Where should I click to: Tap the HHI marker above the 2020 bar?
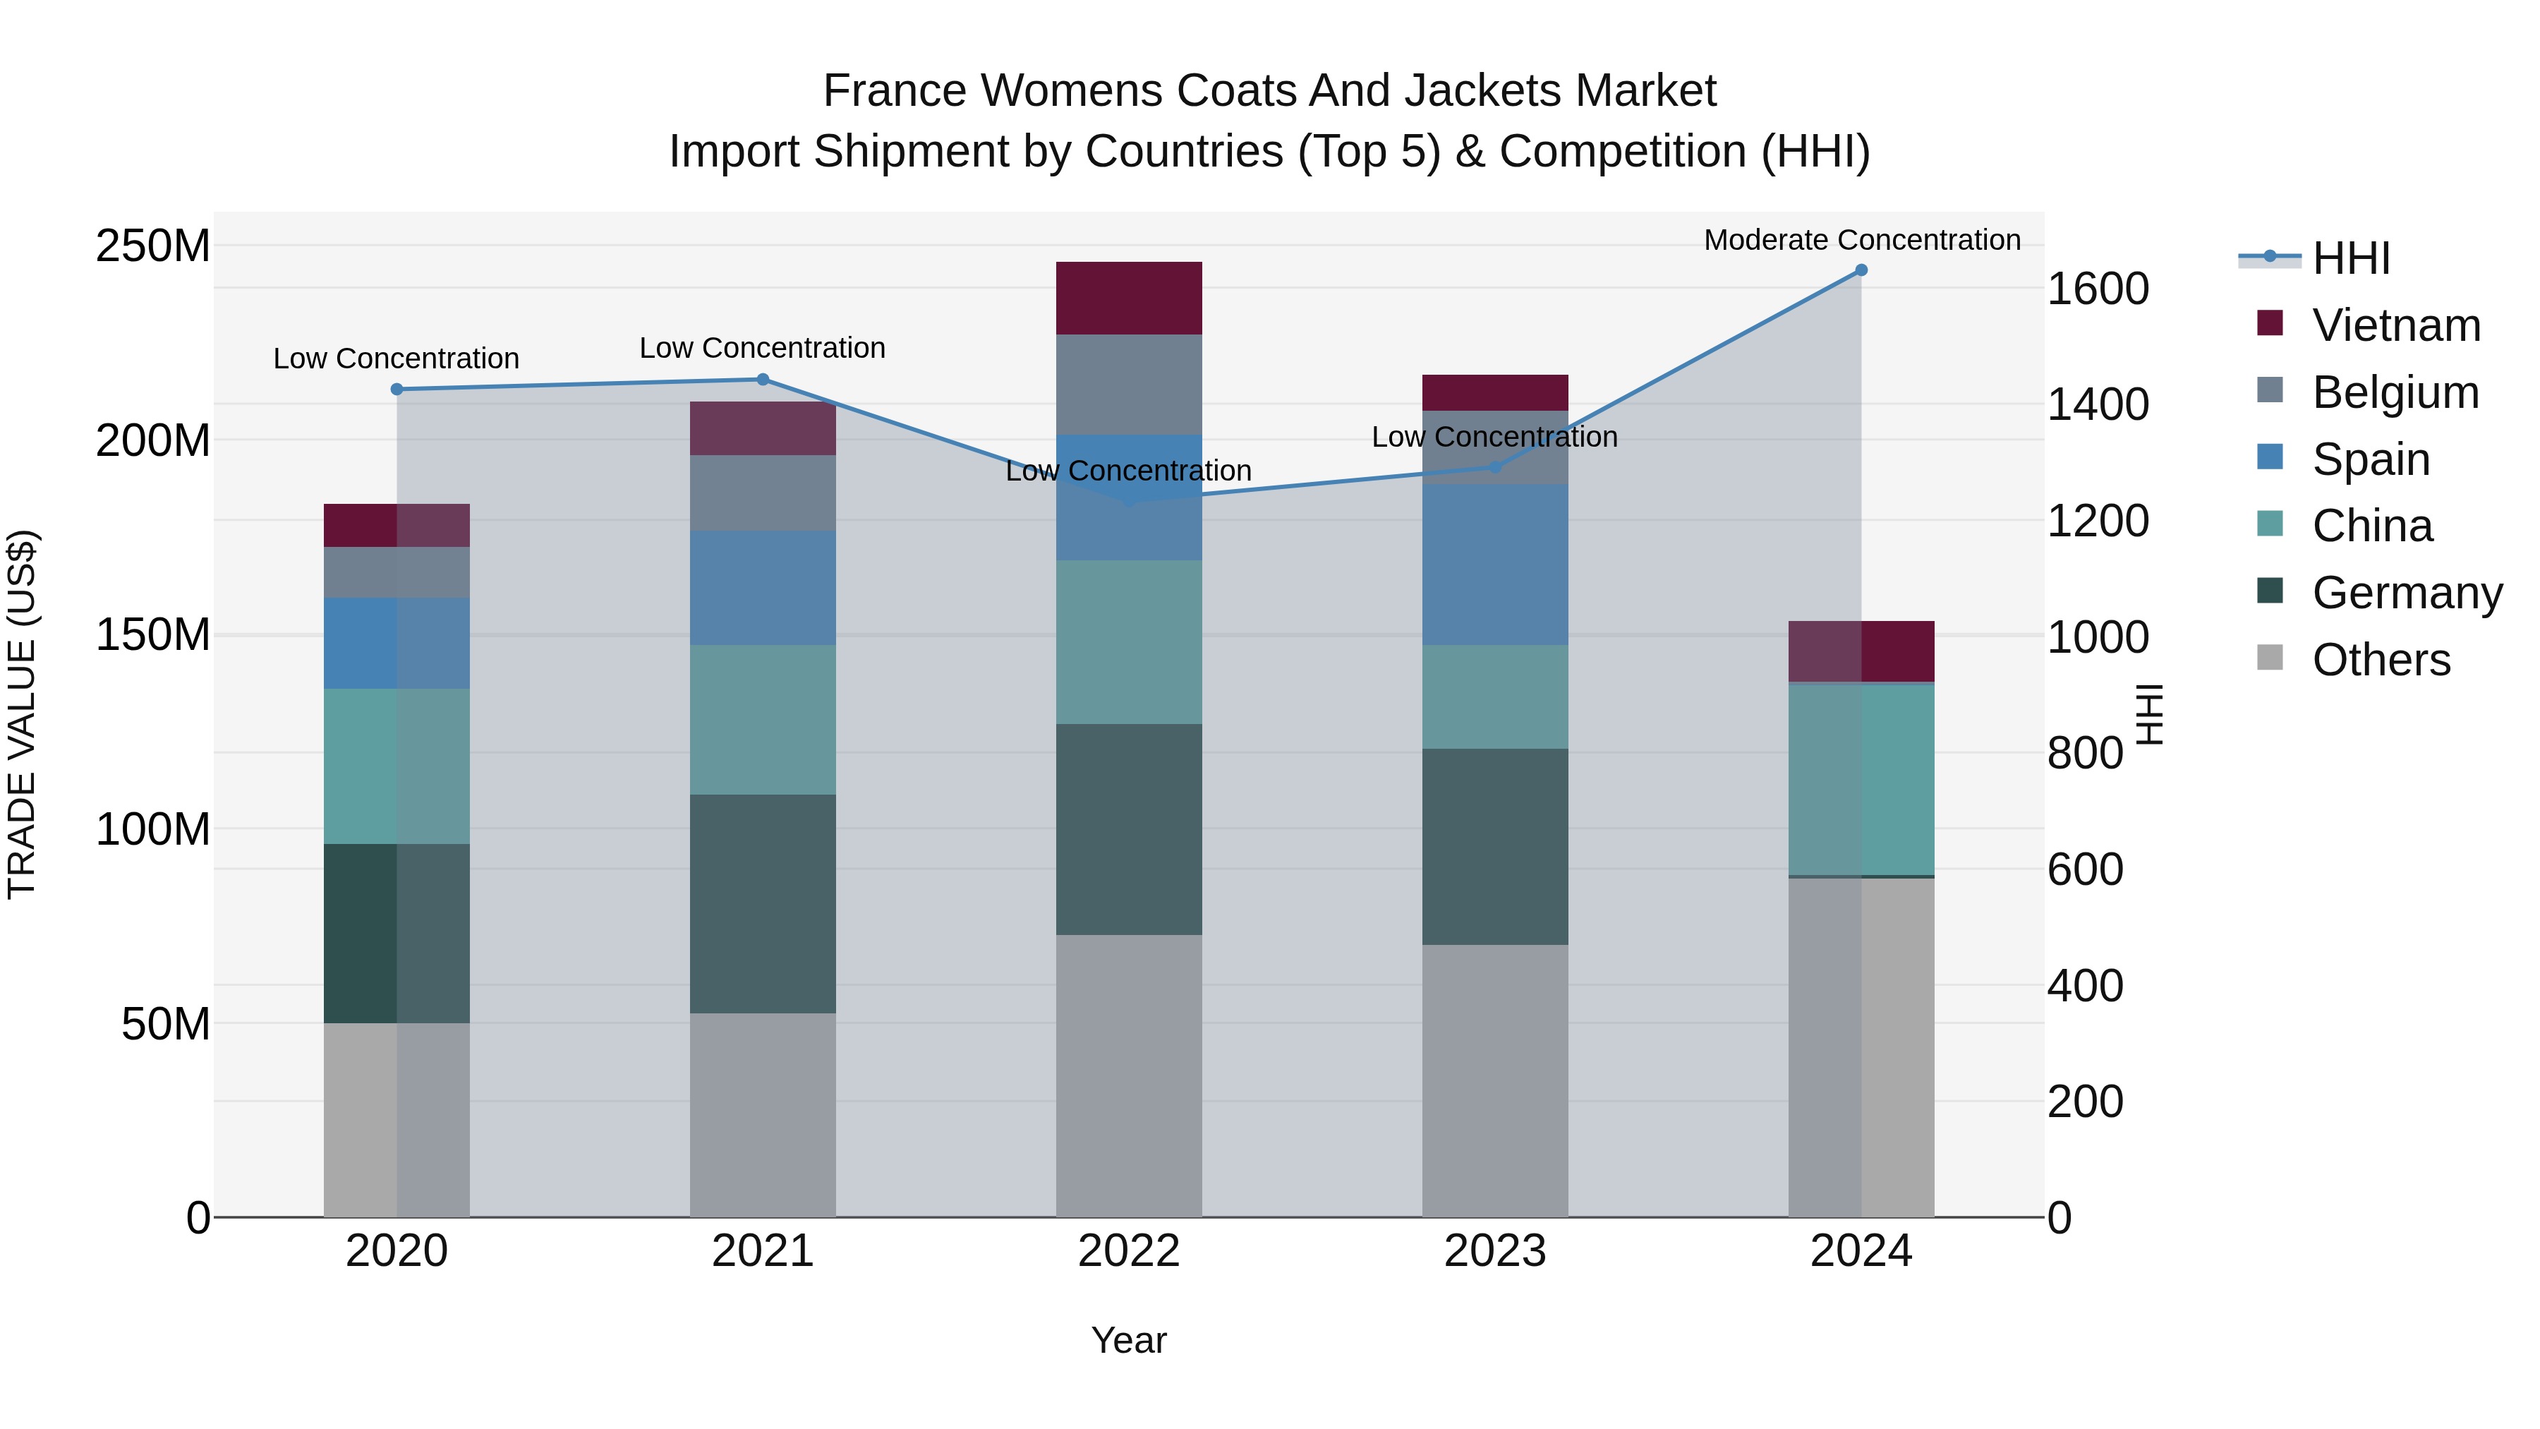pos(397,390)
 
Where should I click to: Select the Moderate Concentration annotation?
pos(1862,240)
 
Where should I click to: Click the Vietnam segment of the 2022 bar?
pos(1128,298)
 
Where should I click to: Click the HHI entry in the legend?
pos(2351,258)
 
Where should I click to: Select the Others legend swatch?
pos(2270,658)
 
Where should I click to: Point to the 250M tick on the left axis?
pos(153,246)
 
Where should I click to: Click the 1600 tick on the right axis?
pos(2098,289)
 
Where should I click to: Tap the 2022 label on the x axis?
pos(1128,1251)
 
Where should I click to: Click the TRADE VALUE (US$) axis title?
pos(22,714)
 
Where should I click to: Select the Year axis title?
pos(1128,1340)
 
